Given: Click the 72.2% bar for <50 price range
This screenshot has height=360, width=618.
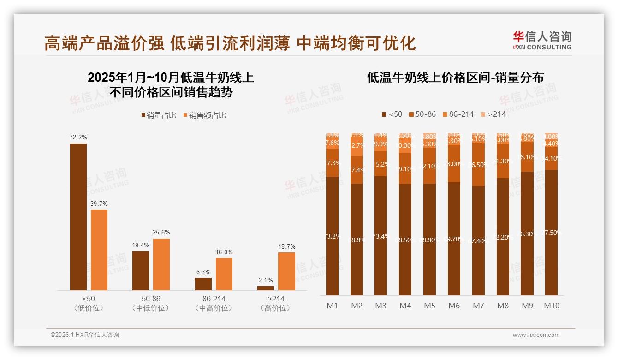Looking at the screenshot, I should click(78, 217).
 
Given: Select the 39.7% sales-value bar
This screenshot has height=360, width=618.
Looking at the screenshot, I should click(99, 250).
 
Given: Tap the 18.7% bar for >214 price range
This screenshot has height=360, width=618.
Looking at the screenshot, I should click(286, 271).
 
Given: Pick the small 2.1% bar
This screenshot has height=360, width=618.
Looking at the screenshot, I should click(265, 288).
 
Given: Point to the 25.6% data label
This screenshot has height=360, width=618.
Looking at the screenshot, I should click(161, 232).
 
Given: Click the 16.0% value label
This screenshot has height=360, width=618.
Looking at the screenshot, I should click(224, 252).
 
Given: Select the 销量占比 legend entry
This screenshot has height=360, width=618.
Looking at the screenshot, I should click(159, 115).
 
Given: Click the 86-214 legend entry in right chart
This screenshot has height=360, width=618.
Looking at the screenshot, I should click(458, 114).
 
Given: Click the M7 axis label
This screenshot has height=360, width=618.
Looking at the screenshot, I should click(478, 306).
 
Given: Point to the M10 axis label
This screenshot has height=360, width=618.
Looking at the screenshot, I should click(551, 306).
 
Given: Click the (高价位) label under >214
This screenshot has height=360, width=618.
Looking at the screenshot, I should click(275, 308).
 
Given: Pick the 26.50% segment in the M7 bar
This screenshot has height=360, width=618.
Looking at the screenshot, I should click(478, 164).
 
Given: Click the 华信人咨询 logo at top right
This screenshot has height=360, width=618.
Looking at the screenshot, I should click(542, 40).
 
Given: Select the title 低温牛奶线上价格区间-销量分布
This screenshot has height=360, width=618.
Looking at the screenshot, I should click(455, 77).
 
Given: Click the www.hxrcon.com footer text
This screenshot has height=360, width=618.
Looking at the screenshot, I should click(535, 335).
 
